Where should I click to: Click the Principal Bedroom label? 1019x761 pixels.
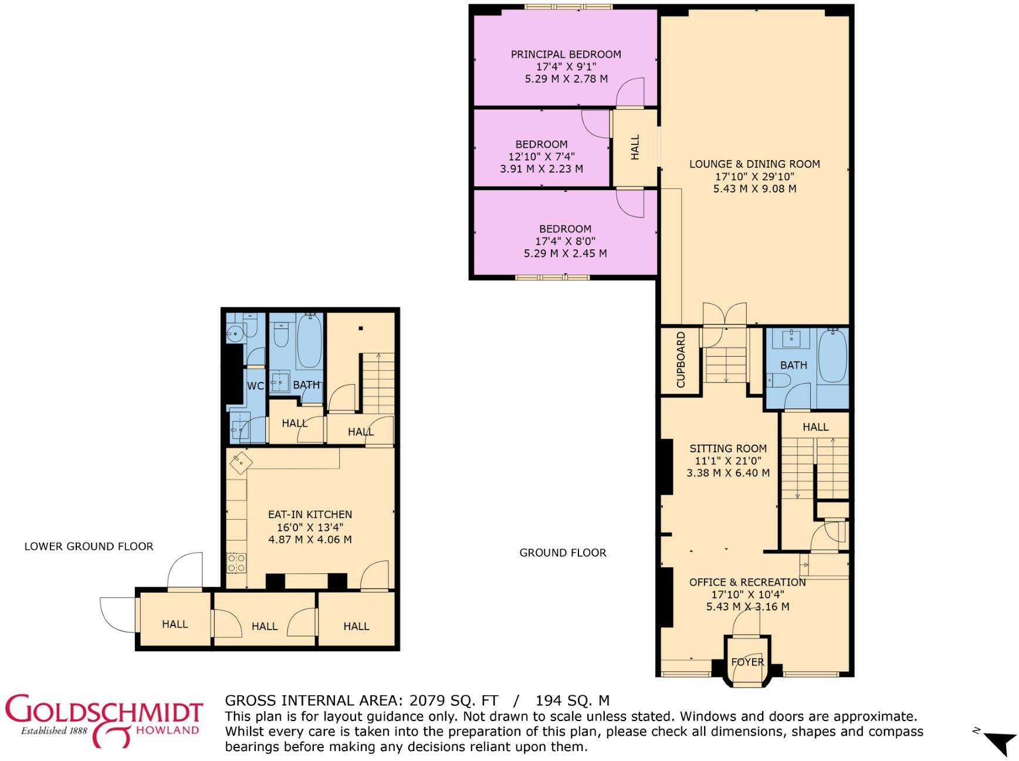(x=566, y=54)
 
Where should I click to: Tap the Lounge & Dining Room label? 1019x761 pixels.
(x=754, y=164)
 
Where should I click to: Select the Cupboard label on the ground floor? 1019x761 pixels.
(x=681, y=360)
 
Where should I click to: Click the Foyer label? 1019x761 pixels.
(x=747, y=662)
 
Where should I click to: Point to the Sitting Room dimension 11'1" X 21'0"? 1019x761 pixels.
(x=728, y=461)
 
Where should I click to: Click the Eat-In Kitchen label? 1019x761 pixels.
(x=310, y=514)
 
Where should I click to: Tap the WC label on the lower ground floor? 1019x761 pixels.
(x=255, y=385)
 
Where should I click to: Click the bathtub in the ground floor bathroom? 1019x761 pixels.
(x=832, y=356)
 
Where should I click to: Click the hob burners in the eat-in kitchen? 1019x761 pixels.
(x=236, y=563)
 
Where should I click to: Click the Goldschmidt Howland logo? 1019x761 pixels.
(x=104, y=720)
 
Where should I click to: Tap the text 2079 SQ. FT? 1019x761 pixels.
(x=453, y=701)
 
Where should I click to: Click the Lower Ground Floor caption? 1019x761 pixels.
(x=89, y=546)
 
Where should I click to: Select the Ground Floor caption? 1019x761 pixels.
(x=563, y=553)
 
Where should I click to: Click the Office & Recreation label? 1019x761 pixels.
(x=747, y=582)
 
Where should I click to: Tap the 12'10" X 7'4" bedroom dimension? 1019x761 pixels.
(x=541, y=157)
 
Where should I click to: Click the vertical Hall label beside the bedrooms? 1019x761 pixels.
(x=635, y=147)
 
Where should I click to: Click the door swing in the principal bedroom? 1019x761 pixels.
(x=631, y=93)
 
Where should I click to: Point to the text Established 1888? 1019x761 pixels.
(x=54, y=730)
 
